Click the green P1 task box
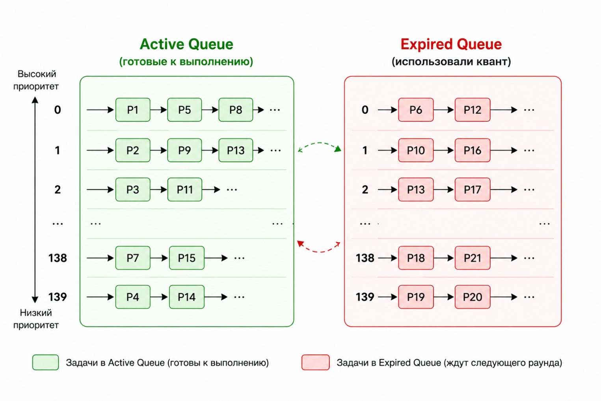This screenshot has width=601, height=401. (133, 110)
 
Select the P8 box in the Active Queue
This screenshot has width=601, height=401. (236, 110)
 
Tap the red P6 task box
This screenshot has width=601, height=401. (416, 110)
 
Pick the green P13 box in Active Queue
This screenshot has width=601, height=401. (236, 150)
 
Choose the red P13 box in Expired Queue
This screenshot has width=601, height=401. (416, 190)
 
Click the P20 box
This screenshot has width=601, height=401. (473, 297)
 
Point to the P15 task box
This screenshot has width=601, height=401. (187, 258)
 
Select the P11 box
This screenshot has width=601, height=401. (185, 190)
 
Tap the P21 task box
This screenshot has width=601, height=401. (473, 258)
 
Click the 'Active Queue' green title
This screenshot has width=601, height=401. (186, 44)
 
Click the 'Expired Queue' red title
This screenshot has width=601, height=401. (451, 44)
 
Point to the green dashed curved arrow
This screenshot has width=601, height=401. (319, 143)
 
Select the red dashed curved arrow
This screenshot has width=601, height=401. (319, 252)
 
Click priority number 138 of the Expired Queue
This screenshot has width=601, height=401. (365, 258)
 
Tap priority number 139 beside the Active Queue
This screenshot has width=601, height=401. (58, 297)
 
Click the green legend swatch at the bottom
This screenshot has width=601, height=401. (46, 362)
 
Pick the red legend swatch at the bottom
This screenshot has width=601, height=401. (316, 362)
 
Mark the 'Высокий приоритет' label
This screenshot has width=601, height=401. (36, 80)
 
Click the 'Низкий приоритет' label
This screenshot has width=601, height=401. (36, 319)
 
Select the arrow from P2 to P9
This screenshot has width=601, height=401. (158, 150)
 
